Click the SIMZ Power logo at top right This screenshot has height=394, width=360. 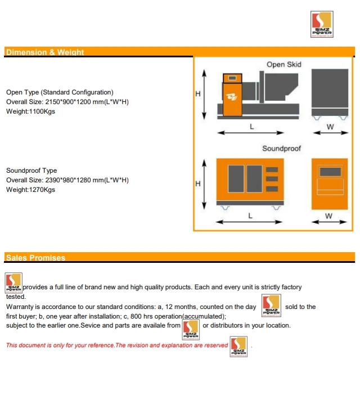click(x=323, y=25)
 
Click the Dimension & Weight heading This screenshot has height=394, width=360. click(x=44, y=52)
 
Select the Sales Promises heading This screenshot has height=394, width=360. click(x=35, y=258)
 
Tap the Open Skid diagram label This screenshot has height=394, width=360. click(x=283, y=65)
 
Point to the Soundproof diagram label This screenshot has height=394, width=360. click(x=281, y=149)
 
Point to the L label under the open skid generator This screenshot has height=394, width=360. click(x=251, y=127)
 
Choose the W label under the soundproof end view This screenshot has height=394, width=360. click(x=328, y=216)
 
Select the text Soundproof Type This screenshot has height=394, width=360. click(x=31, y=171)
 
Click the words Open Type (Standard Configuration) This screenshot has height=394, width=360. click(x=60, y=92)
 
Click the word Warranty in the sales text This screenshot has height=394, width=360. click(x=20, y=307)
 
